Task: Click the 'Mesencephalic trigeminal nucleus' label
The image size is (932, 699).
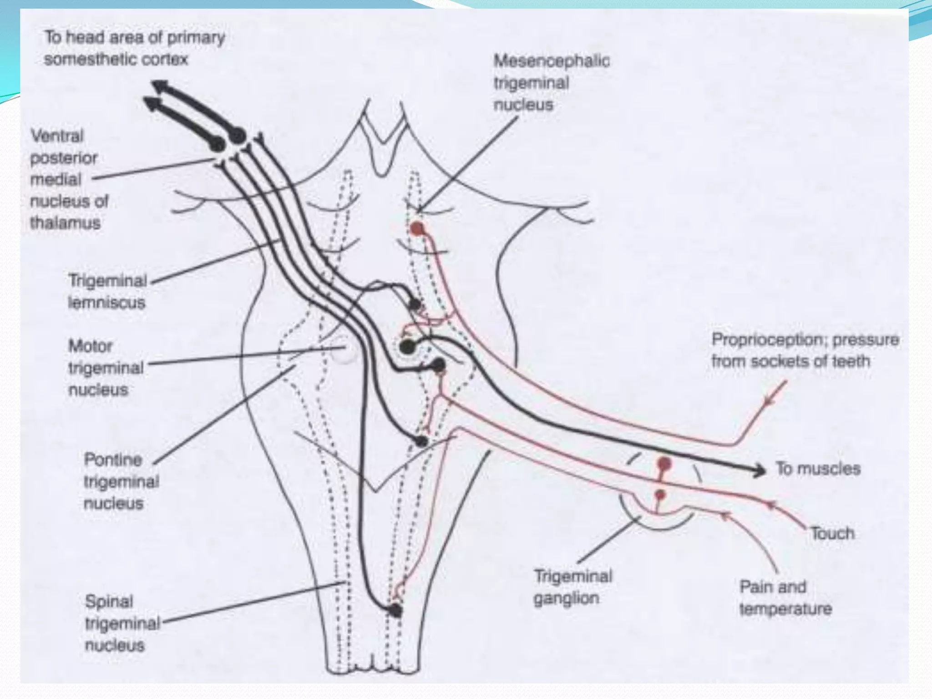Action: click(x=552, y=83)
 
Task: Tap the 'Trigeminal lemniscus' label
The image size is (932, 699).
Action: click(x=107, y=291)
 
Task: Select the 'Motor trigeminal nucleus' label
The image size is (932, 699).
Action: click(x=106, y=368)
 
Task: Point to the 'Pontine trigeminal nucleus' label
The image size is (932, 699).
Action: click(x=122, y=481)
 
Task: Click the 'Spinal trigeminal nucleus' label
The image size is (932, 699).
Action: click(x=122, y=623)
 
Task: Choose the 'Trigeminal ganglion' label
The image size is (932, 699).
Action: click(x=573, y=587)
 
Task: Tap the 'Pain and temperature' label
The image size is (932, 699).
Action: click(x=785, y=598)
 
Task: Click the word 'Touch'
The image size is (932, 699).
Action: click(x=832, y=533)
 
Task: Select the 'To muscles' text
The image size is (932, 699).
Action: click(x=818, y=468)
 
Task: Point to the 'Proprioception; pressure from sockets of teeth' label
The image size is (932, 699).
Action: click(x=805, y=350)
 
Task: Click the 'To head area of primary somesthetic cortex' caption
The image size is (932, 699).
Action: click(x=134, y=48)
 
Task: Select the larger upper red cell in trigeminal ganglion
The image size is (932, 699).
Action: click(x=664, y=464)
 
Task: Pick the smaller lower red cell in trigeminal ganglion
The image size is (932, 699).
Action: click(x=660, y=495)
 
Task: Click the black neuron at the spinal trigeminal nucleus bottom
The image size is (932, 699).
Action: click(x=395, y=610)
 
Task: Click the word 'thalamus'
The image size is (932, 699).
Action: click(x=65, y=223)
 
